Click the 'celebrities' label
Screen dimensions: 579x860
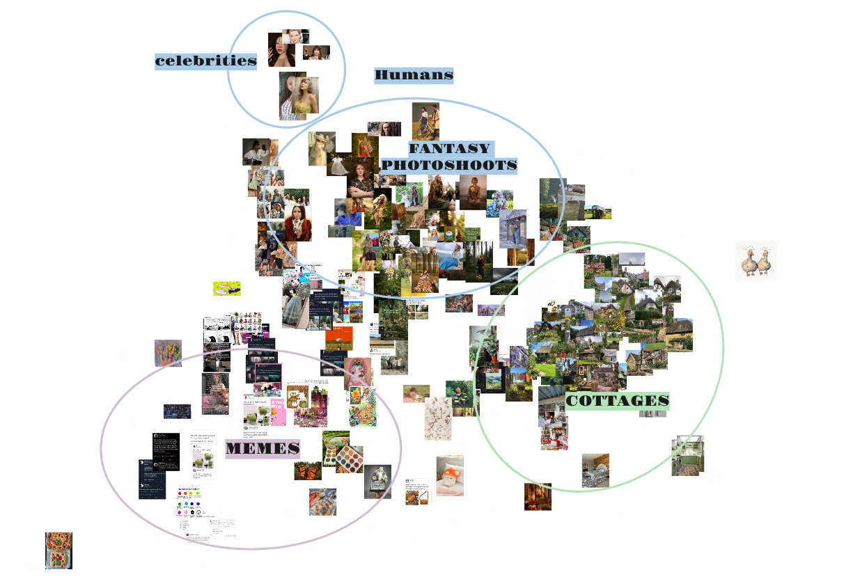pos(205,61)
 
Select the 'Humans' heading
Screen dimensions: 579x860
pos(414,75)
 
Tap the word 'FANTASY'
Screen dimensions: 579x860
pos(449,148)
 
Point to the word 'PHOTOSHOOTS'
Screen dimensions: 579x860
pos(449,165)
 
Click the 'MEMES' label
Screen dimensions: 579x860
pos(262,449)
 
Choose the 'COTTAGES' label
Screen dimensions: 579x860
pos(617,401)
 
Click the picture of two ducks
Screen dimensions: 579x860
pos(756,262)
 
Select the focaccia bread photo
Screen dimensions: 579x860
pos(58,550)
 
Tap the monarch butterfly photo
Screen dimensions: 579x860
pos(308,470)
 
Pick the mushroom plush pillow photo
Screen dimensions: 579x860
pos(450,475)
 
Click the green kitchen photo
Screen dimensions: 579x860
pos(687,456)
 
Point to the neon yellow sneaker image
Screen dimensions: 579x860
pos(226,288)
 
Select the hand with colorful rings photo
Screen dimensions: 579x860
pos(168,353)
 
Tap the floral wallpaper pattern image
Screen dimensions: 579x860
pos(438,419)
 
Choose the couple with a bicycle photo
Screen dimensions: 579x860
pos(425,121)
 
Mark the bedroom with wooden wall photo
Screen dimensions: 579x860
pos(595,470)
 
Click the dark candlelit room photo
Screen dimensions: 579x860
pos(538,496)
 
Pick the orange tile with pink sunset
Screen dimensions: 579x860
pos(339,339)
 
